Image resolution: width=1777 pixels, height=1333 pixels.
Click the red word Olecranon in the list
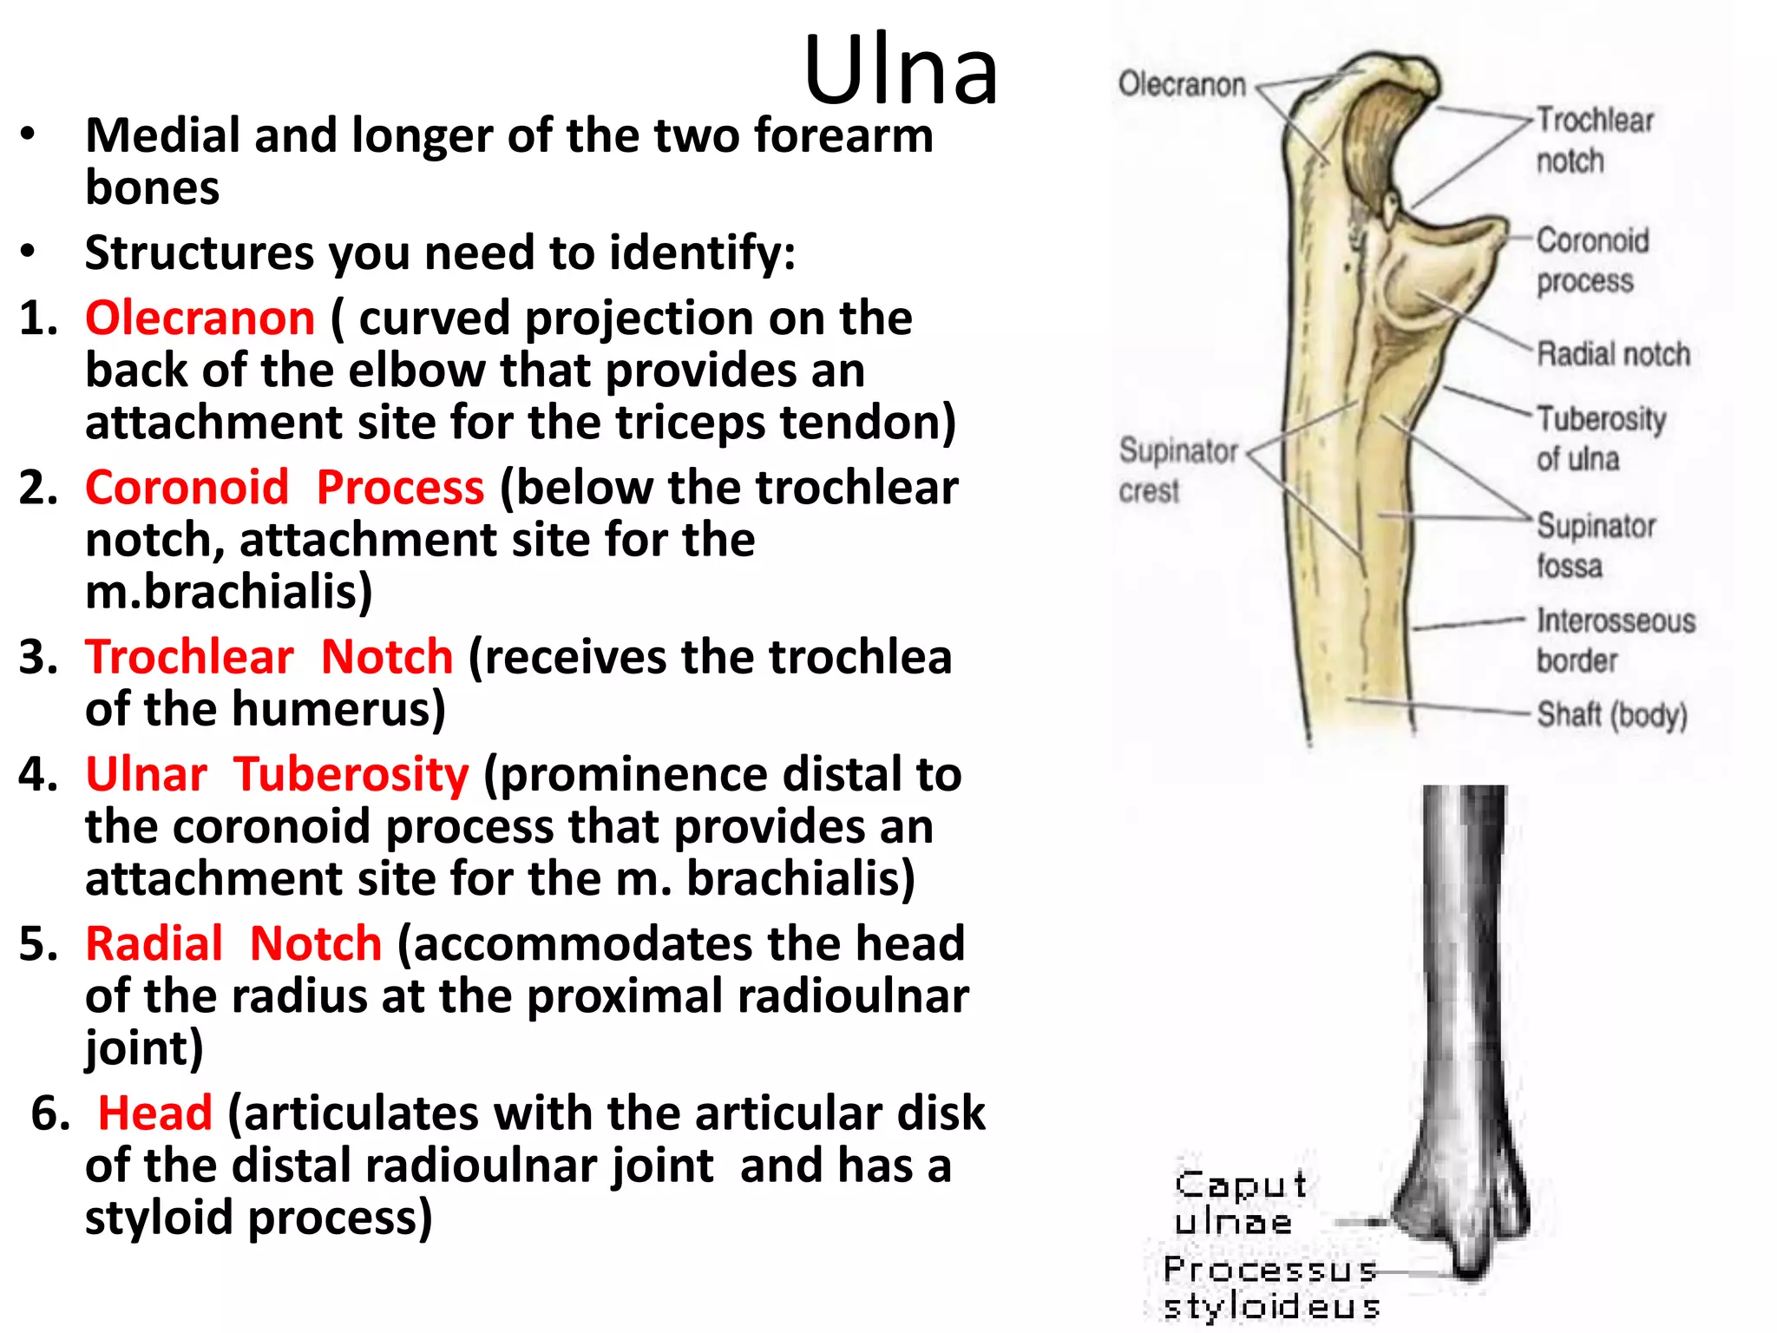[200, 318]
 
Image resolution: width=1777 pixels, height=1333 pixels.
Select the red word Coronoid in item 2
[187, 487]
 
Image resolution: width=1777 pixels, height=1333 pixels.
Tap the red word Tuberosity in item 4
[351, 773]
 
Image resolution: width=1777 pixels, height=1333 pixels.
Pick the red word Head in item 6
[154, 1113]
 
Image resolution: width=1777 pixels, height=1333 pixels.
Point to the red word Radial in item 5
[154, 943]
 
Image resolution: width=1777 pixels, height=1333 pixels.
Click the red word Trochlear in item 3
[189, 656]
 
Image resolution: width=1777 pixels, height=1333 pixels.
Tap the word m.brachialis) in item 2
[229, 592]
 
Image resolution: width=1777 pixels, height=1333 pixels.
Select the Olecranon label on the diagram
[1182, 85]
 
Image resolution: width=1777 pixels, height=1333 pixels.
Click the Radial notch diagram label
[1613, 354]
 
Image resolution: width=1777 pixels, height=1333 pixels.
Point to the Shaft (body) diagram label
[1611, 715]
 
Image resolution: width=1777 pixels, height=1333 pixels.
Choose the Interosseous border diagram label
[1614, 640]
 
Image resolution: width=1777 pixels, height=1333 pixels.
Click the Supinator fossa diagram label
[1595, 545]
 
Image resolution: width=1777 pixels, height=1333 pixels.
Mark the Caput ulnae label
[1239, 1203]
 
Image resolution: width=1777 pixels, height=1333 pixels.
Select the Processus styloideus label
[1270, 1288]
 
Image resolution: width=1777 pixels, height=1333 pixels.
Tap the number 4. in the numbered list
[38, 773]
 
